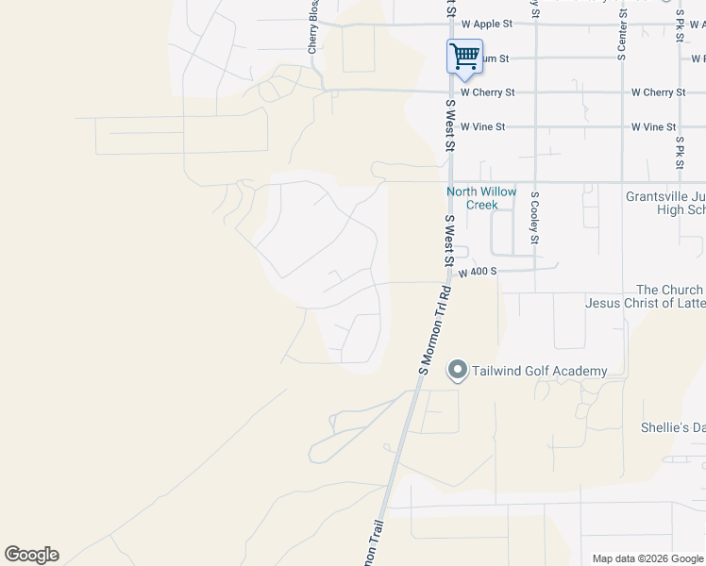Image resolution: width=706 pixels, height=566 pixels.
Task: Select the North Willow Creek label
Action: point(481,198)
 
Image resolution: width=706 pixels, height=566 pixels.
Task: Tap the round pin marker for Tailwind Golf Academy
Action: point(458,370)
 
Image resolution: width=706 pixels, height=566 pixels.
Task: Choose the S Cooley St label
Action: point(534,218)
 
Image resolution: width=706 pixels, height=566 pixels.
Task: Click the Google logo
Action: point(31,555)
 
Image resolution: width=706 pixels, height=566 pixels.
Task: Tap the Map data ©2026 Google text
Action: point(647,558)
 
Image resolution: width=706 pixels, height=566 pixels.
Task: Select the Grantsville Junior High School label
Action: point(665,203)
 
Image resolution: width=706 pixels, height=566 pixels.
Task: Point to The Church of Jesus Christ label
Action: point(646,296)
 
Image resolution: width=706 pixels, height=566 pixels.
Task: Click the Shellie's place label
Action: point(673,427)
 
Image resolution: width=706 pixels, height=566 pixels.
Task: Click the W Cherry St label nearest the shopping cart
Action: point(487,92)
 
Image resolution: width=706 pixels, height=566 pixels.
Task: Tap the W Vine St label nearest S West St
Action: point(482,126)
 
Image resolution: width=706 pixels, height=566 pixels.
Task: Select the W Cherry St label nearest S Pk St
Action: point(658,92)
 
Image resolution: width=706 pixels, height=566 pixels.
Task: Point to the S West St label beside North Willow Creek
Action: point(450,241)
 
